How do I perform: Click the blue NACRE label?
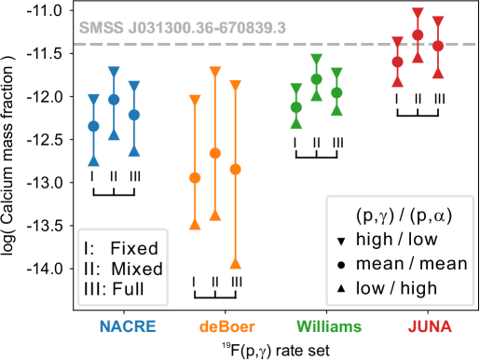tap(128, 326)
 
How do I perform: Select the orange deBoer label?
tap(227, 326)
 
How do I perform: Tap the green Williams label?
tap(329, 326)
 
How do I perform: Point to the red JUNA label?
tap(430, 326)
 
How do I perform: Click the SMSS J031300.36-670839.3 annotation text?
tap(181, 28)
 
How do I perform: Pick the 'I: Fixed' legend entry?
tap(121, 248)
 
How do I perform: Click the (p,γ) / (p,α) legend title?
tap(404, 215)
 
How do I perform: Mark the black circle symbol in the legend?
tap(342, 265)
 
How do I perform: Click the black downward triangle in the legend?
tap(342, 241)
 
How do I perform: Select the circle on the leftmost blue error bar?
tap(93, 126)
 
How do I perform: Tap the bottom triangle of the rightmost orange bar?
tap(235, 262)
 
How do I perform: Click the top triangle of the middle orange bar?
tap(215, 72)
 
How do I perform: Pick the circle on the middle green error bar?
tap(316, 80)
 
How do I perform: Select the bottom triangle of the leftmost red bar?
tap(397, 80)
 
